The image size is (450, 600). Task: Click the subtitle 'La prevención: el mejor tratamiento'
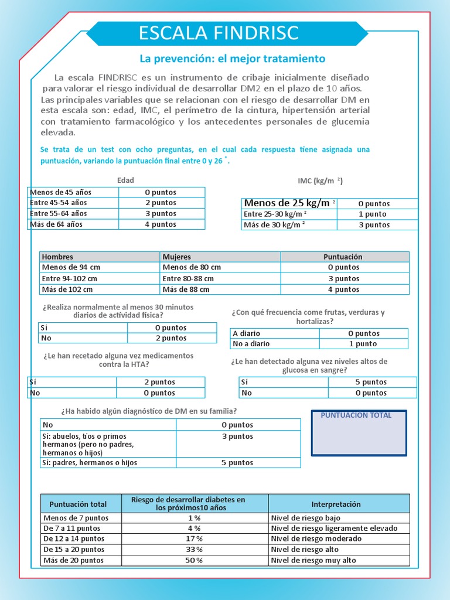click(x=231, y=59)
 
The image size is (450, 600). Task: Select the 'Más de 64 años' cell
click(x=73, y=224)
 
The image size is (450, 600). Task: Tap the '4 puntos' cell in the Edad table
click(x=161, y=224)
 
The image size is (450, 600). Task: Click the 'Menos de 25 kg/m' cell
click(x=289, y=203)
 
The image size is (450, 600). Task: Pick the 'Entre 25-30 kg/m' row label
click(x=289, y=214)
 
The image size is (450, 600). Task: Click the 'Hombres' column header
click(x=99, y=257)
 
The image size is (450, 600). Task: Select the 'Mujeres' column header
click(x=220, y=257)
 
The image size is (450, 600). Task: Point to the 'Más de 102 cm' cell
click(x=99, y=289)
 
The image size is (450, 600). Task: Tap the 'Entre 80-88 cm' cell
click(x=220, y=279)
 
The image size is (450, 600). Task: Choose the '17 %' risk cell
click(x=195, y=539)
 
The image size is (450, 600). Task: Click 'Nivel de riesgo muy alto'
click(x=338, y=561)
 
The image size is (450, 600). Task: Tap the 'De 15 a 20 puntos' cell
click(x=81, y=550)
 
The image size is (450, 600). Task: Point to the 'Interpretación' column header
click(x=338, y=504)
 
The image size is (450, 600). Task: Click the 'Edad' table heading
click(x=125, y=180)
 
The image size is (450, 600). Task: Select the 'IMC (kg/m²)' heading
click(x=320, y=181)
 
